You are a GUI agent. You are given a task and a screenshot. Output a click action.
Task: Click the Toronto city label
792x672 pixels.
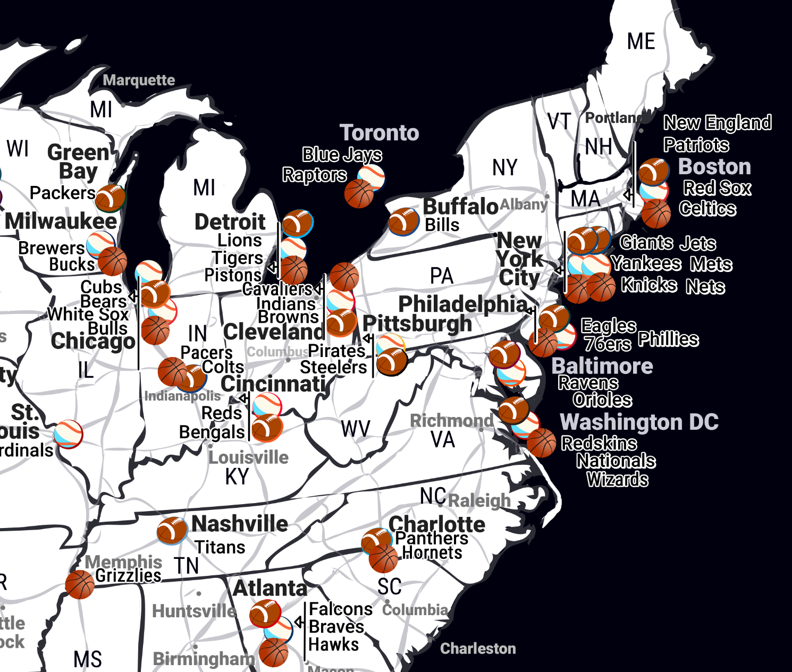pyautogui.click(x=379, y=133)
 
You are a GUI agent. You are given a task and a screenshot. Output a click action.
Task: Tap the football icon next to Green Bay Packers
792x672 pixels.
pyautogui.click(x=110, y=198)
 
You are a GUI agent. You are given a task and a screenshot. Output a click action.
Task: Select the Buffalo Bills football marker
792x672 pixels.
pyautogui.click(x=403, y=221)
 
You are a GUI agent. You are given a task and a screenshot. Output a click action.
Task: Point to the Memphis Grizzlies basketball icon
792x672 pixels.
pyautogui.click(x=80, y=584)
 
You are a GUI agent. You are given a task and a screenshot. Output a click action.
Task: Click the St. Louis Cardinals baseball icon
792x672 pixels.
pyautogui.click(x=69, y=434)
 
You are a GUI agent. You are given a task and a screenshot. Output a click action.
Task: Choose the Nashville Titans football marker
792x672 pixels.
pyautogui.click(x=172, y=530)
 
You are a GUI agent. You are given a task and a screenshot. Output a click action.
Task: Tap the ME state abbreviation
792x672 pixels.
pyautogui.click(x=641, y=41)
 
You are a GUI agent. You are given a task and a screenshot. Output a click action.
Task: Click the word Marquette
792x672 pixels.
pyautogui.click(x=139, y=80)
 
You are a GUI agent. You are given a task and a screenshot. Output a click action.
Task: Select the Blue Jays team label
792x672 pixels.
pyautogui.click(x=342, y=155)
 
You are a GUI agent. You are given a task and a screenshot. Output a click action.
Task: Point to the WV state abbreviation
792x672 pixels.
pyautogui.click(x=356, y=429)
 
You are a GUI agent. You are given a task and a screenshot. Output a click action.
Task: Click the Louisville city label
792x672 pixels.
pyautogui.click(x=248, y=457)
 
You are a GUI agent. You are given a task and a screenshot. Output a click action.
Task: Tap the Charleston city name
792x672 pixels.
pyautogui.click(x=478, y=649)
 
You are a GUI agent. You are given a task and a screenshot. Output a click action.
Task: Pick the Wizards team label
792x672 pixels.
pyautogui.click(x=617, y=480)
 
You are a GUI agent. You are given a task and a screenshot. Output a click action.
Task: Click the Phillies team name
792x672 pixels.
pyautogui.click(x=668, y=339)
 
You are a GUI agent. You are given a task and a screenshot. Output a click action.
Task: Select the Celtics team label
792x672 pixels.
pyautogui.click(x=707, y=209)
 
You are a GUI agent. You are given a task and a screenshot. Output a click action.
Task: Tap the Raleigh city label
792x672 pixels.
pyautogui.click(x=479, y=500)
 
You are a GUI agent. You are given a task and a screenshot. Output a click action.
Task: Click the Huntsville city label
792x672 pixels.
pyautogui.click(x=194, y=611)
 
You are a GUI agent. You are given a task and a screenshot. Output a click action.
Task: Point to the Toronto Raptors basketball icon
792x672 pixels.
pyautogui.click(x=359, y=193)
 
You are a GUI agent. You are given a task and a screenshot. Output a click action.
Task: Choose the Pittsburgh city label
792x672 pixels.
pyautogui.click(x=417, y=324)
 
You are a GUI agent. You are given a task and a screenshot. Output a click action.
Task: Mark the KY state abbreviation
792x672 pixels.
pyautogui.click(x=237, y=477)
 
